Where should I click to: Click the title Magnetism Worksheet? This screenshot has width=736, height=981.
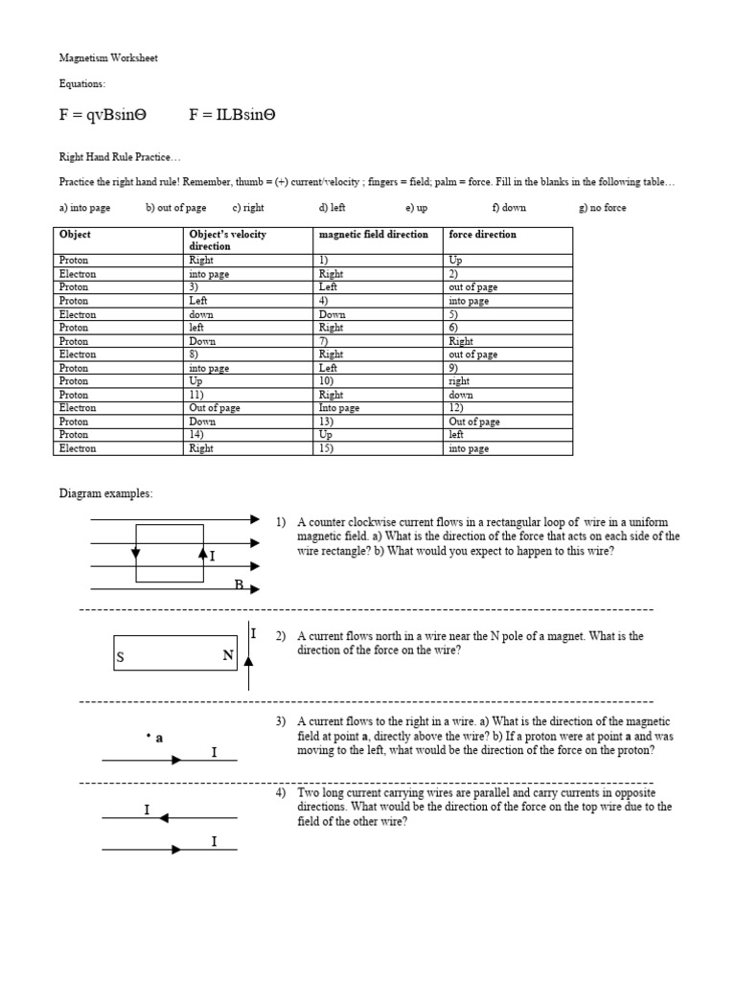click(108, 58)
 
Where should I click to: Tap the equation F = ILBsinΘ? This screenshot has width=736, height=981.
click(232, 115)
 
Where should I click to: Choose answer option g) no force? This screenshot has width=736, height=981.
click(603, 207)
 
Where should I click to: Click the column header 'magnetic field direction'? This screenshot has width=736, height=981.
click(373, 234)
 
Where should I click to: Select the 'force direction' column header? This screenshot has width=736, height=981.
click(482, 234)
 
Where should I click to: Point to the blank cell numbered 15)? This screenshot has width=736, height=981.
click(325, 448)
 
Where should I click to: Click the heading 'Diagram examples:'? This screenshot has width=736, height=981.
click(105, 493)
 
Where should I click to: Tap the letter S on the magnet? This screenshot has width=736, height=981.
click(121, 658)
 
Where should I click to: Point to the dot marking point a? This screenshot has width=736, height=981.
click(149, 737)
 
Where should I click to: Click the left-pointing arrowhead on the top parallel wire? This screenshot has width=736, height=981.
click(164, 817)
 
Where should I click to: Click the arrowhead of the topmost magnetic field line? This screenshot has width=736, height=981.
click(254, 519)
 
